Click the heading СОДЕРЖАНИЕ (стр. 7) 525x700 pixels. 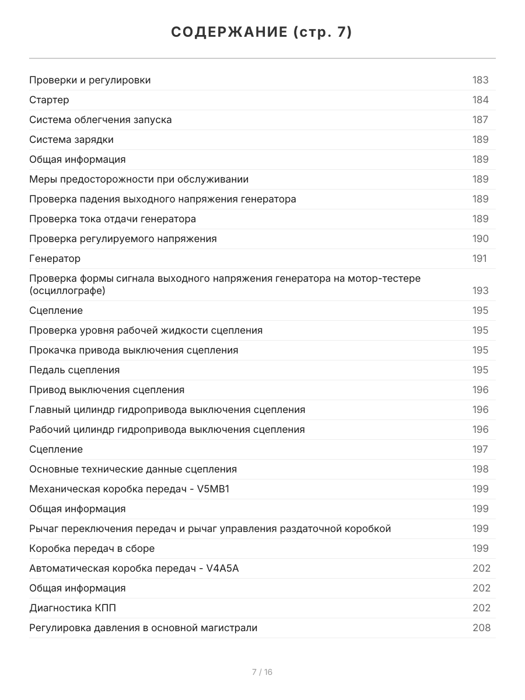click(262, 33)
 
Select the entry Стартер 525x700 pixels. click(49, 100)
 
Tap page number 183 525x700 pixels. click(480, 80)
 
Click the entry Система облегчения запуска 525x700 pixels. click(100, 120)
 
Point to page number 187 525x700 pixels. click(480, 120)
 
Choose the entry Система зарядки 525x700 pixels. click(71, 139)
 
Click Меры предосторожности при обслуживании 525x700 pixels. click(139, 179)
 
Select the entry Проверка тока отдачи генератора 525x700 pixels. click(113, 219)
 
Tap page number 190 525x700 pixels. click(480, 239)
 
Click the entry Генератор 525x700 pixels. click(55, 258)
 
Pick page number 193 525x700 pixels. click(480, 290)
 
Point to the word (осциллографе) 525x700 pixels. click(68, 290)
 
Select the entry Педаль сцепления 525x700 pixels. click(74, 370)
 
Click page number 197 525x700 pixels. click(480, 449)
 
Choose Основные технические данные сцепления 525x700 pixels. click(133, 469)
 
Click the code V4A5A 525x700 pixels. click(222, 568)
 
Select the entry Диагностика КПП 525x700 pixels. click(72, 608)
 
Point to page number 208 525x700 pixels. click(481, 628)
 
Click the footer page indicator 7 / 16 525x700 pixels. click(262, 672)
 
